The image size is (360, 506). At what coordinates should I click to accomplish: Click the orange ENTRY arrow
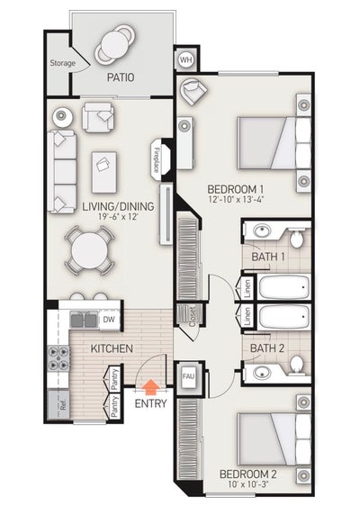(151, 387)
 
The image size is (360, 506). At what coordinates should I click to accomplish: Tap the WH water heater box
(186, 60)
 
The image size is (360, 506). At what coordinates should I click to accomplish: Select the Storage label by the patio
(62, 63)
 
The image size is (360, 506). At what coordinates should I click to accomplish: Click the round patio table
(117, 42)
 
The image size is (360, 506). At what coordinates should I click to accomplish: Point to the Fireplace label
(157, 159)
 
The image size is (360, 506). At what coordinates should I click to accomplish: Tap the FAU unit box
(189, 376)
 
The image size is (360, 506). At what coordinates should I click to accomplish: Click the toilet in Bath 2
(296, 366)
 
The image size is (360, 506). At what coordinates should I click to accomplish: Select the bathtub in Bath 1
(283, 289)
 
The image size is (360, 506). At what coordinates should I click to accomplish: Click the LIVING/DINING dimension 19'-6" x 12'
(118, 217)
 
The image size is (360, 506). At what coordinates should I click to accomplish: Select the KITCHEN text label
(112, 348)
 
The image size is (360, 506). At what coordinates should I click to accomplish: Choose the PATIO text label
(120, 77)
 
